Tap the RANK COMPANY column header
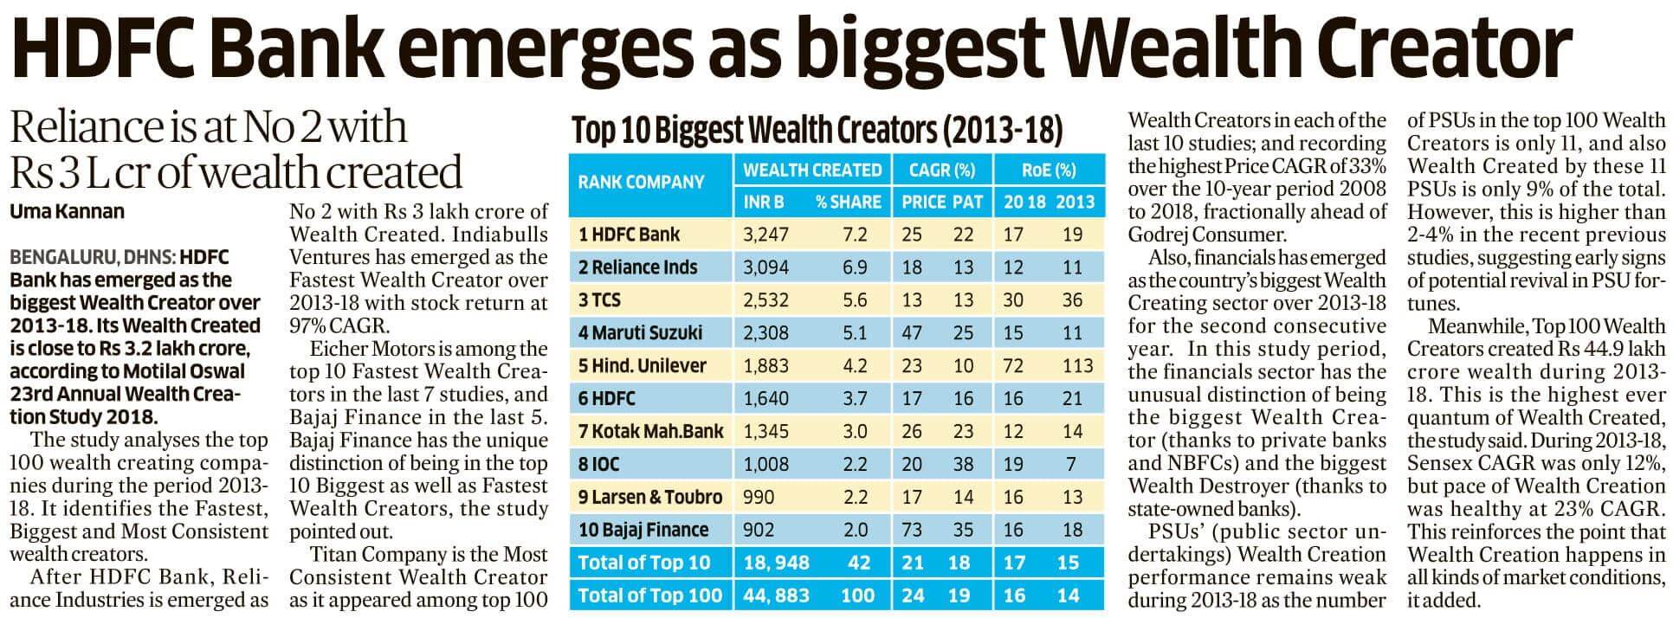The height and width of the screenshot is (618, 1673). coord(641,183)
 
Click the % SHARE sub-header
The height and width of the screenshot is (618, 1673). coord(848,203)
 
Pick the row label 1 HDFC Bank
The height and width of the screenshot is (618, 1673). coord(629,234)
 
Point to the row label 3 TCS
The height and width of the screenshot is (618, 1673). coord(599,299)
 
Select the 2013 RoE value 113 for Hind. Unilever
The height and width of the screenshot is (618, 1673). coord(1077,365)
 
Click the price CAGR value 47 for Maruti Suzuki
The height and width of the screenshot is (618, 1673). coord(911,332)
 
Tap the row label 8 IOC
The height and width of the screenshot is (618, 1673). coord(598,464)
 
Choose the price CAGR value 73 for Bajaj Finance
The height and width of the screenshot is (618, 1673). coord(911,530)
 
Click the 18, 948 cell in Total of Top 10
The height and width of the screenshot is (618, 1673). coord(776,563)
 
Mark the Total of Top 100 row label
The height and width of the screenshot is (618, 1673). coord(649,595)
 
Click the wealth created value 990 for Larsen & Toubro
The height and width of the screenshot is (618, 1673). coord(759,497)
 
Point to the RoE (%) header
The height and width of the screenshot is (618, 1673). coord(1049,170)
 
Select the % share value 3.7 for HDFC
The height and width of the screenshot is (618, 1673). coord(855,398)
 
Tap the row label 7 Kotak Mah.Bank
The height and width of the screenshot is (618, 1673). coord(650,431)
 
